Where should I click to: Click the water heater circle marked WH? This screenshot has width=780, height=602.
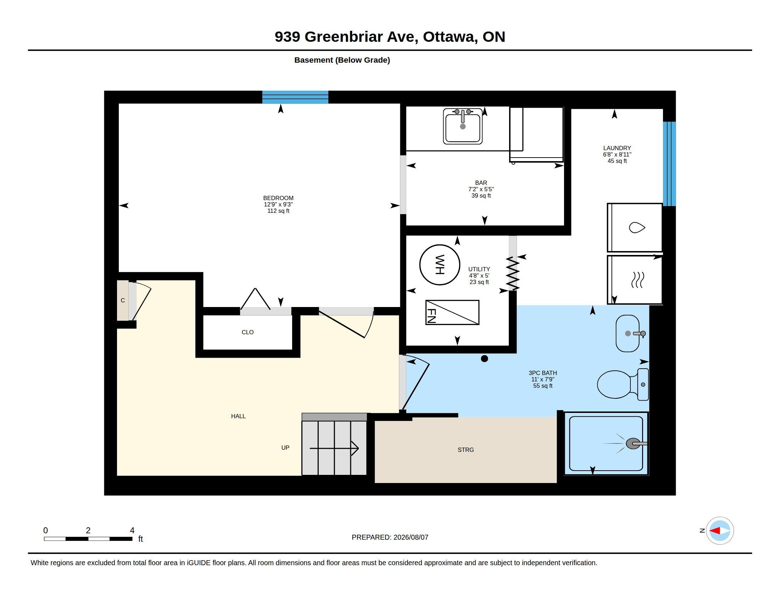tap(439, 265)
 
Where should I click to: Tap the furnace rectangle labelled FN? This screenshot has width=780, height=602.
tap(452, 312)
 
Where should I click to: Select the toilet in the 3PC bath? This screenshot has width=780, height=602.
tap(623, 385)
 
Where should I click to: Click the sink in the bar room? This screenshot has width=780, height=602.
tap(462, 126)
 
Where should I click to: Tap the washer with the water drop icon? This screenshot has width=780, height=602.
tap(635, 228)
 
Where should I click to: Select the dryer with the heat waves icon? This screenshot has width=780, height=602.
tap(635, 280)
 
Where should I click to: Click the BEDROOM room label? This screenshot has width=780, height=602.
tap(278, 198)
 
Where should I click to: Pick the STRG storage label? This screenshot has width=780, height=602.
tap(466, 450)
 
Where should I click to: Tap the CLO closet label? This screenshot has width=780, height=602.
tap(247, 332)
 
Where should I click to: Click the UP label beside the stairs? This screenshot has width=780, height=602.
tap(285, 448)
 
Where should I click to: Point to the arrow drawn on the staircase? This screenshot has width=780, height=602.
tap(334, 448)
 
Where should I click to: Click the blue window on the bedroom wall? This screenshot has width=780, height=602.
tap(295, 97)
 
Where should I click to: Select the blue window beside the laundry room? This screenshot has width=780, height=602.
tap(669, 164)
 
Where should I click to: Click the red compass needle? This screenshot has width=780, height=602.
tap(714, 531)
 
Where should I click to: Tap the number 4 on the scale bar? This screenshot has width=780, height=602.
tap(132, 530)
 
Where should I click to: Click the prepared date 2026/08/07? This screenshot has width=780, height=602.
tap(411, 537)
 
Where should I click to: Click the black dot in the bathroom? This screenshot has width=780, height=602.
tap(484, 359)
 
